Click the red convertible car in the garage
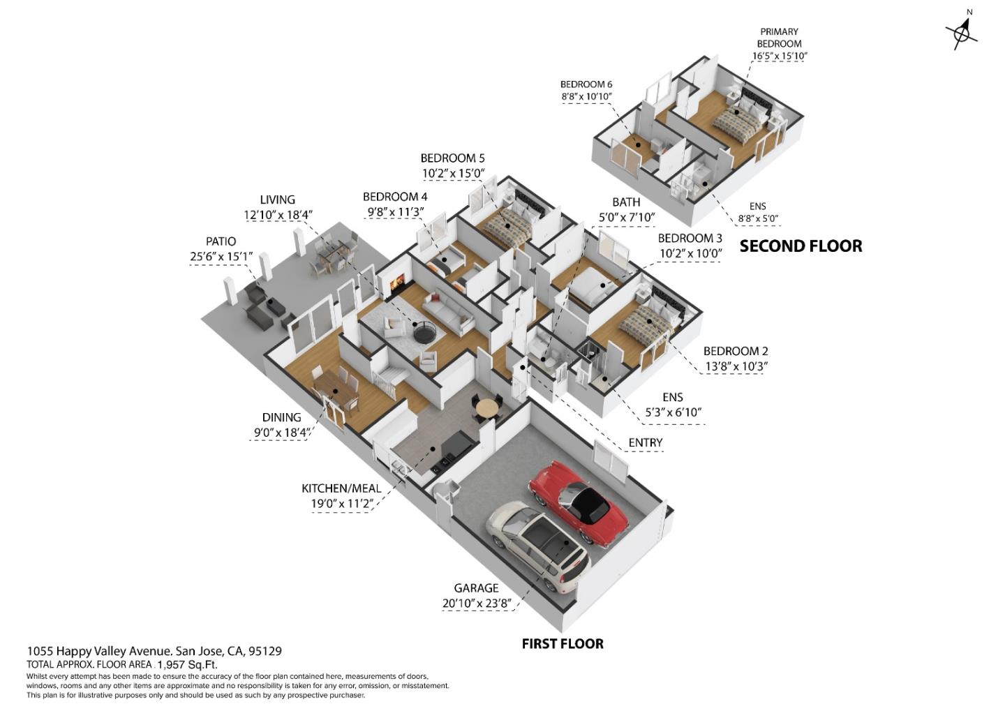click(579, 504)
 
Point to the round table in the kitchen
click(488, 408)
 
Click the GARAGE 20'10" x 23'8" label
click(477, 595)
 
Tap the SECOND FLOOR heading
click(801, 246)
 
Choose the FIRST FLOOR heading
click(563, 644)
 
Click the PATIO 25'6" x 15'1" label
click(221, 249)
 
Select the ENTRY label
click(645, 443)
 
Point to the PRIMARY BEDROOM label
click(780, 38)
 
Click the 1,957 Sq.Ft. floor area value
click(188, 664)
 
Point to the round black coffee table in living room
click(424, 332)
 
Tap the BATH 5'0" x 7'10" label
click(627, 209)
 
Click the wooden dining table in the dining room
click(336, 389)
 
